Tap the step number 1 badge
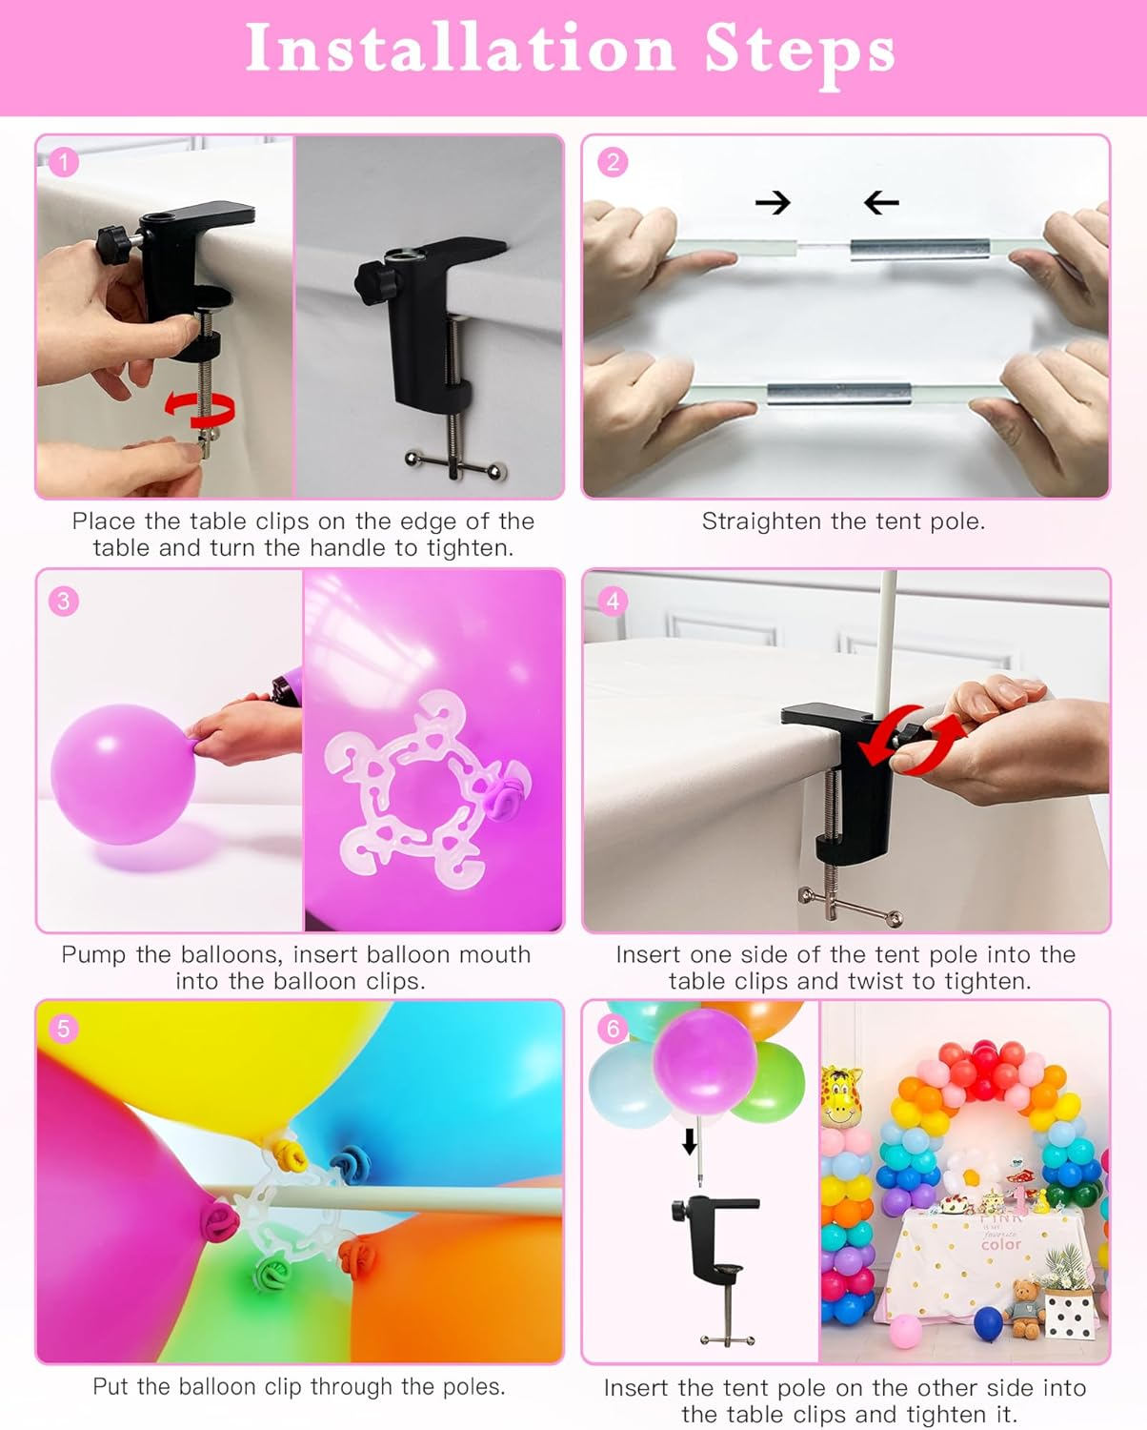[63, 162]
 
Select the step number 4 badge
[613, 601]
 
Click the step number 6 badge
[613, 1029]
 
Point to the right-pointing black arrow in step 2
[773, 202]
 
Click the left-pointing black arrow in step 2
[881, 202]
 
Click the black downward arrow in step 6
[690, 1140]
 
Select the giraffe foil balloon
[841, 1096]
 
